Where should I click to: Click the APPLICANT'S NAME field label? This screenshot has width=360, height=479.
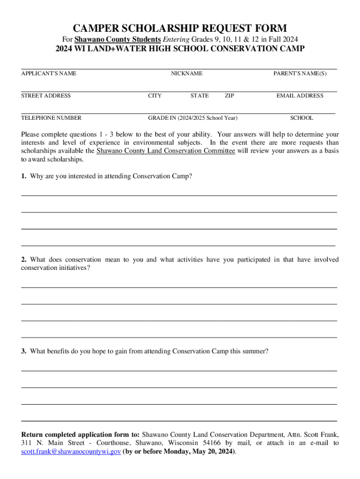point(49,73)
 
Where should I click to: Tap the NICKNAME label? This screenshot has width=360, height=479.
point(187,73)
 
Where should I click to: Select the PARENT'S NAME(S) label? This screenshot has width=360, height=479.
point(300,73)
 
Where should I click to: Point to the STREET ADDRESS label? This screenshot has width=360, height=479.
point(46,96)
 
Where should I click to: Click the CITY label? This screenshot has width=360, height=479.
point(155,96)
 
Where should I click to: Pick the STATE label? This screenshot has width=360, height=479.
point(200,96)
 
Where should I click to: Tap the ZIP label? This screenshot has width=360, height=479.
point(230,96)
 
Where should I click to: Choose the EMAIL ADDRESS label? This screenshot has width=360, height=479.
point(300,96)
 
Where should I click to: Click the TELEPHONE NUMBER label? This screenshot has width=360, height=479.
point(51,118)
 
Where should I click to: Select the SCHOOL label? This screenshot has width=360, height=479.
point(302,118)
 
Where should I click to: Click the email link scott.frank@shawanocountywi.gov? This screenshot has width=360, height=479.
point(71,452)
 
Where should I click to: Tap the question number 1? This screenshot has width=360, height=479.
point(23,176)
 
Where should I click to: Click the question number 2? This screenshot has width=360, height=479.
point(23,260)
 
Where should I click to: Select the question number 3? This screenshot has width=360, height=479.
point(23,351)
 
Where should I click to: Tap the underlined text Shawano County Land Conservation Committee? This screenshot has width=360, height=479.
point(166,151)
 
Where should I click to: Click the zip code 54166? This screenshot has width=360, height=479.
point(214,443)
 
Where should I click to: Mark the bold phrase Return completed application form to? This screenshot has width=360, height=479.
point(80,434)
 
